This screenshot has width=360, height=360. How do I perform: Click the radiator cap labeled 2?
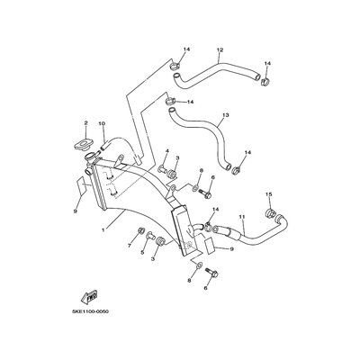[83, 145]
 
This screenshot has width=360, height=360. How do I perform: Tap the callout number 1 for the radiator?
[103, 230]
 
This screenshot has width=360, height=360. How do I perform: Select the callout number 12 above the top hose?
[220, 49]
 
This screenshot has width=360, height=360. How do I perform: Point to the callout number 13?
[226, 115]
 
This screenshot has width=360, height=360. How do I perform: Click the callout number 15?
[269, 194]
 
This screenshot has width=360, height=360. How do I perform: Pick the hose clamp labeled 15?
[271, 213]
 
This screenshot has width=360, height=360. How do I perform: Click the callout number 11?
[242, 216]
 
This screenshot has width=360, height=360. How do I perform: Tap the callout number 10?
[102, 123]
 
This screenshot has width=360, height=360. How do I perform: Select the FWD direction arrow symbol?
[89, 296]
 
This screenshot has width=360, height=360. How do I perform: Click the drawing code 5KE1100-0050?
[90, 311]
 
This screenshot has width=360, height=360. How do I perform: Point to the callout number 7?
[130, 246]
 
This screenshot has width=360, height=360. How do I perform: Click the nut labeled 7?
[141, 231]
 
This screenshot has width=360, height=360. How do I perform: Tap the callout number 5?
[142, 253]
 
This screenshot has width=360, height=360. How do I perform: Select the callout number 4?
[168, 150]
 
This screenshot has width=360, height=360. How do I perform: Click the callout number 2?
[85, 122]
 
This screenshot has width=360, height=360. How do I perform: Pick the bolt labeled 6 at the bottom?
[211, 273]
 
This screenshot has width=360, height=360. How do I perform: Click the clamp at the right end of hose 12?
[265, 81]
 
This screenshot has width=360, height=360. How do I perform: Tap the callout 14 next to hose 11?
[216, 209]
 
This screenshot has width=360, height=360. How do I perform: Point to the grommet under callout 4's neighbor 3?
[172, 174]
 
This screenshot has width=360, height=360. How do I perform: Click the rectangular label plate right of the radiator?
[209, 244]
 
